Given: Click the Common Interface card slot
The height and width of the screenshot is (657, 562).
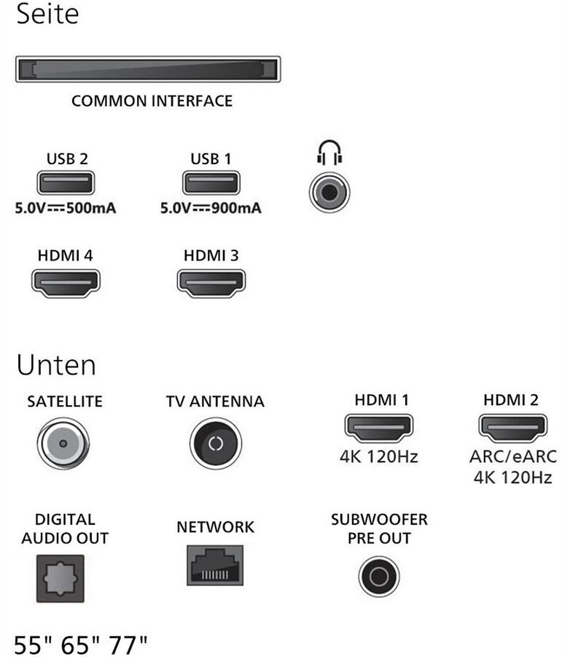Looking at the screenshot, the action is (148, 69).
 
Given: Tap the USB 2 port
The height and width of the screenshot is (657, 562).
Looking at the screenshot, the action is (66, 182).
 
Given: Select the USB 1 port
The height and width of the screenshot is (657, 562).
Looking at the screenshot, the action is (211, 182).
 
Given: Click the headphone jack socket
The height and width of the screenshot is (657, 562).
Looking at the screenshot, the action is (329, 192).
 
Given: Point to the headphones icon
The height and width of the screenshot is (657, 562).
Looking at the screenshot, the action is (329, 152).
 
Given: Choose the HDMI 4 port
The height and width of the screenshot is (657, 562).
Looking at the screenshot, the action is (66, 283).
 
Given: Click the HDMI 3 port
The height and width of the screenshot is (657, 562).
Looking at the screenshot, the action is (211, 283).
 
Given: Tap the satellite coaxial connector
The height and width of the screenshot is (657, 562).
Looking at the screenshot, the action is (63, 443).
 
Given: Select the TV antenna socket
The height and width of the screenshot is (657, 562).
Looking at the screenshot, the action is (216, 443).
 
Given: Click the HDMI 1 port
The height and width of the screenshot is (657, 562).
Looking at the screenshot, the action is (379, 428).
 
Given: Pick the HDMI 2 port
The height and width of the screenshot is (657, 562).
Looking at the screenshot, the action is (513, 428).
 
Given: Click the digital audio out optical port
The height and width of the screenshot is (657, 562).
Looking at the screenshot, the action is (61, 579).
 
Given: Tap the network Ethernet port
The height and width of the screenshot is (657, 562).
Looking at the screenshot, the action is (215, 565).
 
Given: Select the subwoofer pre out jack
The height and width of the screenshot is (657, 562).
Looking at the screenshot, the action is (379, 577).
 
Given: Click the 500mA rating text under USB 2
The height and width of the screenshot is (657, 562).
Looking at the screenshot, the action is (91, 208).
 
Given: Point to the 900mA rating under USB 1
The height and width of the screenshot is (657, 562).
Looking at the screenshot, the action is (236, 208).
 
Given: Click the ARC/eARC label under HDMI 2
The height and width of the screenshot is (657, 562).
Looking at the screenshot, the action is (513, 456).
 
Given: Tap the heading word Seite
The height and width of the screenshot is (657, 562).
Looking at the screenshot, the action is (47, 13).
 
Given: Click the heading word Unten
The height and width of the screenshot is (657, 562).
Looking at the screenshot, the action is (57, 365).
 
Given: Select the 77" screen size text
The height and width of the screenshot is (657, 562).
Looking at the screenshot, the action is (128, 645).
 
